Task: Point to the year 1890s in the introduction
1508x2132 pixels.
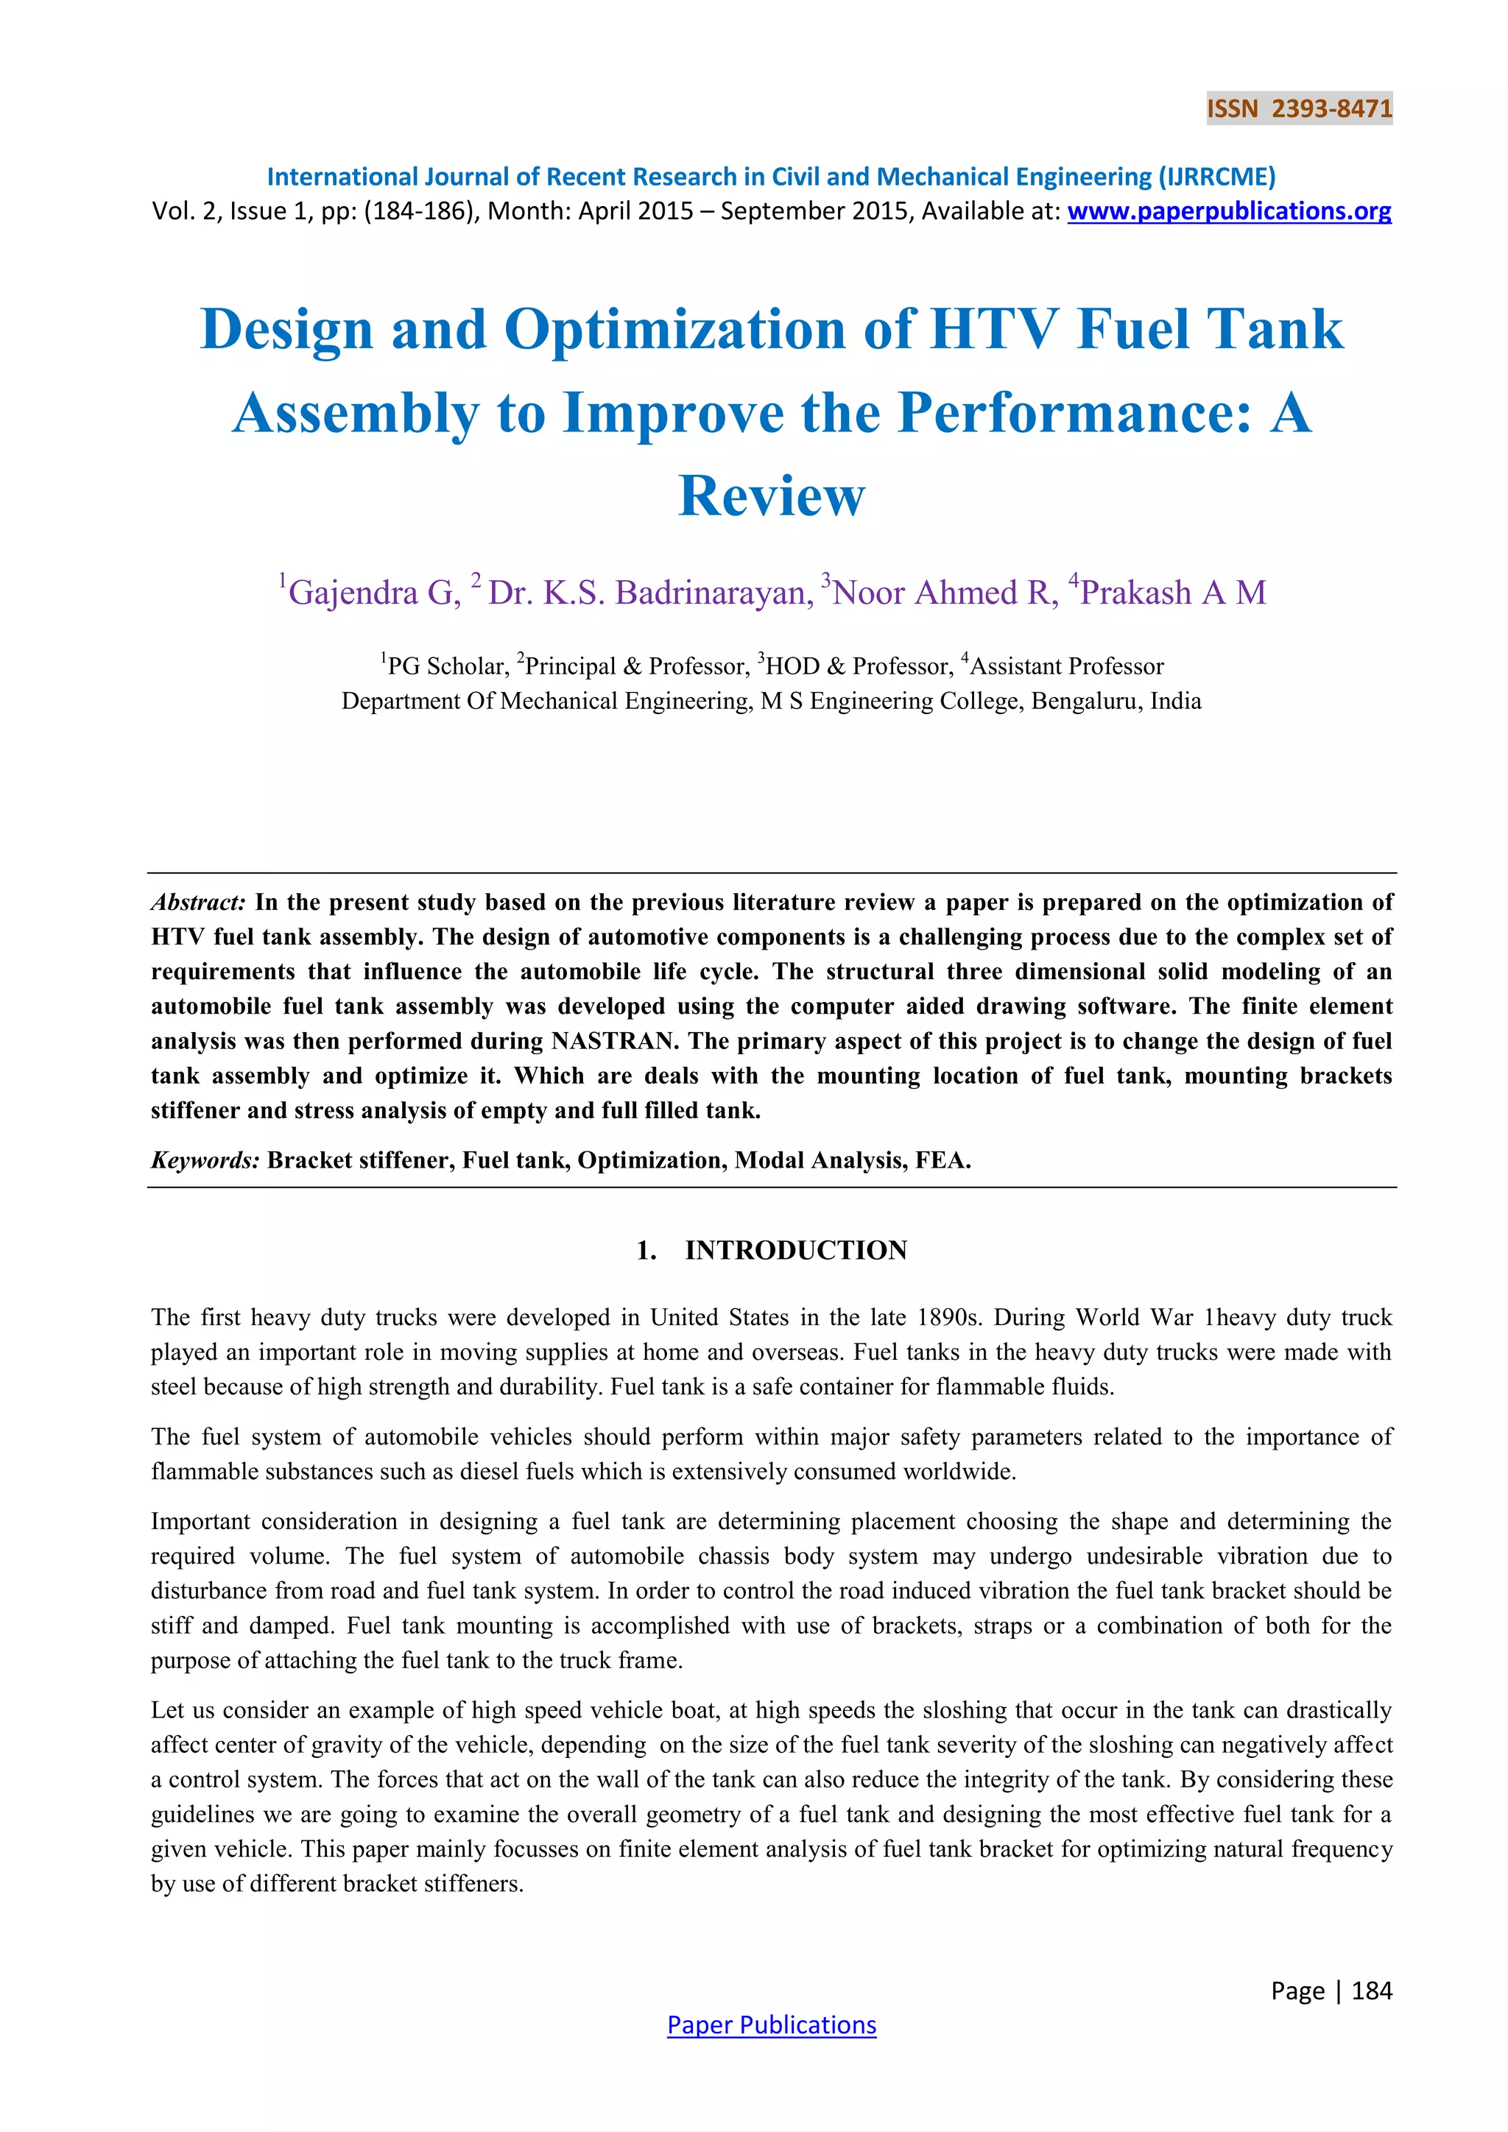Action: click(x=949, y=1318)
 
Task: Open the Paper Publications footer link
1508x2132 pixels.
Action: click(x=772, y=2025)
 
